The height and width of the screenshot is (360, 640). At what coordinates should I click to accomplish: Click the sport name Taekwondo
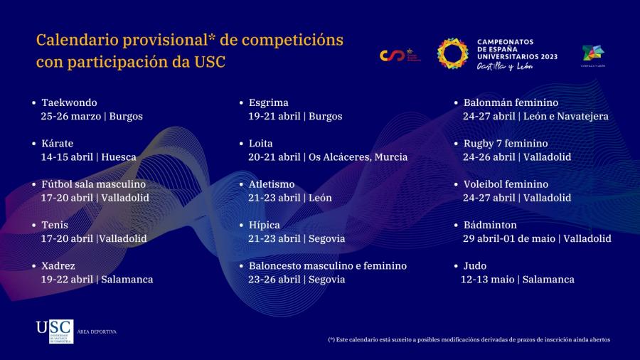click(x=69, y=102)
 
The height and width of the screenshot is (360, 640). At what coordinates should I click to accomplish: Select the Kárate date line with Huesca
click(x=88, y=157)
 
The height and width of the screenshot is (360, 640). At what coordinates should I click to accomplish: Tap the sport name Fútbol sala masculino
click(x=93, y=184)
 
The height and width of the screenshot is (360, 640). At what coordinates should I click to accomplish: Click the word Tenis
click(x=55, y=225)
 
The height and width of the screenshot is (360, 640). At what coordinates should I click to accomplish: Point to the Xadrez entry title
click(x=58, y=265)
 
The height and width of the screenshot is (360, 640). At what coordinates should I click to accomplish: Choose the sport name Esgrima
click(x=268, y=102)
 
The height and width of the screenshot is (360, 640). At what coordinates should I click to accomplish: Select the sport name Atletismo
click(x=271, y=184)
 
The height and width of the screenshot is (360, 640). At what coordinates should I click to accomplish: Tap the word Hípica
click(x=264, y=225)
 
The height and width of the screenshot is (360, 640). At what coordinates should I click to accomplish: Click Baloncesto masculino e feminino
click(x=327, y=265)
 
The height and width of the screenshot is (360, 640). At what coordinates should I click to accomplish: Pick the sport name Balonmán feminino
click(x=511, y=102)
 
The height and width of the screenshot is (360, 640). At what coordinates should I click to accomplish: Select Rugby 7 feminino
click(x=506, y=143)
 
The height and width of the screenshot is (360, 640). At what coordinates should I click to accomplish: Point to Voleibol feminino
click(x=506, y=184)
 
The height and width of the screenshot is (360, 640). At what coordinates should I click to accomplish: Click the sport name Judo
click(x=475, y=265)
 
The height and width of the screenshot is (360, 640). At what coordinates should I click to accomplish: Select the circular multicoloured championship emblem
click(x=452, y=54)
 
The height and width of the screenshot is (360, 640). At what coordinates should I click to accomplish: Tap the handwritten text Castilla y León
click(x=504, y=66)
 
